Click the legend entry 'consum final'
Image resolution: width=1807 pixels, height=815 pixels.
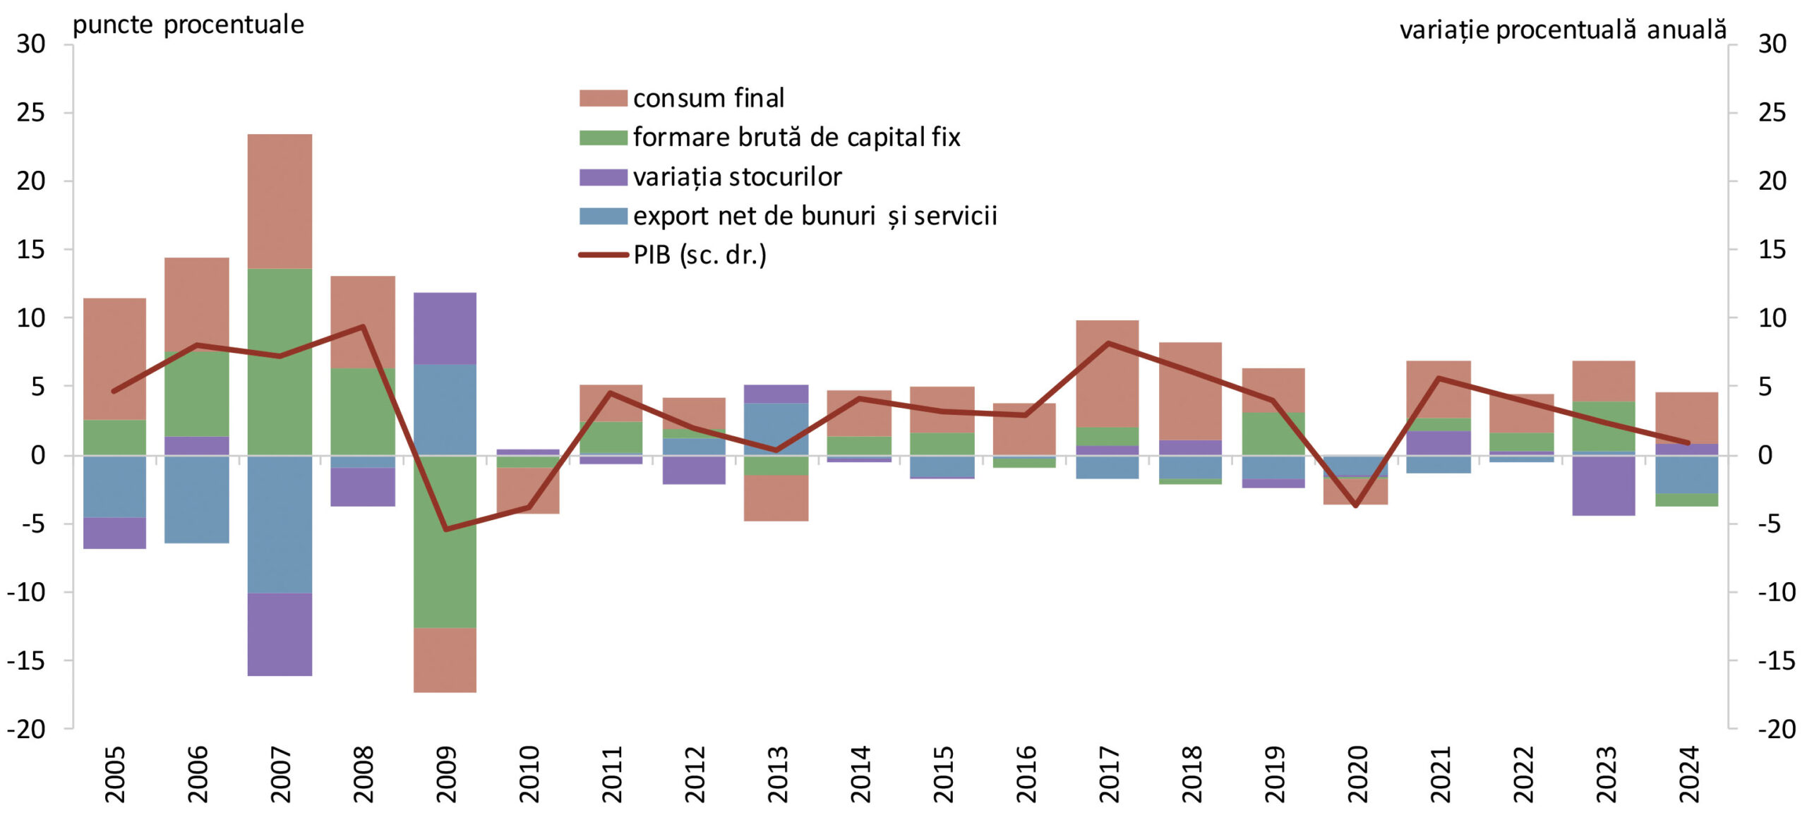[708, 98]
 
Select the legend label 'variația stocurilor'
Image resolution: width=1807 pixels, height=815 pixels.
[737, 177]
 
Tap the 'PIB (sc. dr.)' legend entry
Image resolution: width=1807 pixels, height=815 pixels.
[700, 255]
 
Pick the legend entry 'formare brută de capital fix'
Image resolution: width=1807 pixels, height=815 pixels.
[796, 138]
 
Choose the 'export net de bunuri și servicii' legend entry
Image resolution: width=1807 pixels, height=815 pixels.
[815, 216]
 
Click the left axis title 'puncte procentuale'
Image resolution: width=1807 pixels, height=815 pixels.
[188, 25]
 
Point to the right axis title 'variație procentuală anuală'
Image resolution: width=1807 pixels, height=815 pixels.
[1563, 30]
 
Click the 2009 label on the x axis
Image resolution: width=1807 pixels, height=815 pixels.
[446, 774]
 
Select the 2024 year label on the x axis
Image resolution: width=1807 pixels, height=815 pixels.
[1689, 774]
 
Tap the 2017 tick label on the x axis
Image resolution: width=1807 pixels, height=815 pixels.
[1109, 774]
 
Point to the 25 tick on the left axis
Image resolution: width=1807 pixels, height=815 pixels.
[31, 113]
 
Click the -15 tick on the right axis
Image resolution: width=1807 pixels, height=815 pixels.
[1776, 661]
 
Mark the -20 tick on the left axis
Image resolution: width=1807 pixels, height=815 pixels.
[27, 730]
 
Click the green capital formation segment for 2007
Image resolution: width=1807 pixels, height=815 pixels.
[280, 361]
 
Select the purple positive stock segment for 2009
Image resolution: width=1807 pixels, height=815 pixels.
[445, 328]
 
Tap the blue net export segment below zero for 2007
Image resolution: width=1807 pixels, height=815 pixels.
[280, 524]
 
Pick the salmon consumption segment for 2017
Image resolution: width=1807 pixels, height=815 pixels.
[1107, 373]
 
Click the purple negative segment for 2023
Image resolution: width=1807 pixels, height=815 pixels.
[1604, 485]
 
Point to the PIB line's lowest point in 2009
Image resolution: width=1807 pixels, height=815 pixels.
[445, 529]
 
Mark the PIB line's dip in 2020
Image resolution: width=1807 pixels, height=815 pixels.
[1355, 506]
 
